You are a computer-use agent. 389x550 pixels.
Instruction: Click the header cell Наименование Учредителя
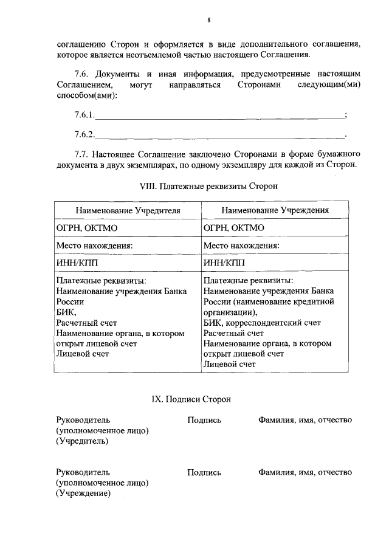tap(128, 210)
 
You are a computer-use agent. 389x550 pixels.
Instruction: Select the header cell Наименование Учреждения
tap(275, 210)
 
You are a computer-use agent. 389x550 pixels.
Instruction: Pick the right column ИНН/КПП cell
tap(224, 263)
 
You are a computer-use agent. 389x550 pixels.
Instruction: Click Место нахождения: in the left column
tap(94, 246)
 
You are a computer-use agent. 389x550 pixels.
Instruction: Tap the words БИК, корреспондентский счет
tap(262, 323)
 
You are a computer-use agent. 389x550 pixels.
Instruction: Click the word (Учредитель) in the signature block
tap(82, 441)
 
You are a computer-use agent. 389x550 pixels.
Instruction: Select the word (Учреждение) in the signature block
tap(83, 493)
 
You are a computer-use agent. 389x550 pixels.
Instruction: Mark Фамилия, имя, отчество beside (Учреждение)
tap(305, 472)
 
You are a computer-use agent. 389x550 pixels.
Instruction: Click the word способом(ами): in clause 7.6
tap(87, 95)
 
